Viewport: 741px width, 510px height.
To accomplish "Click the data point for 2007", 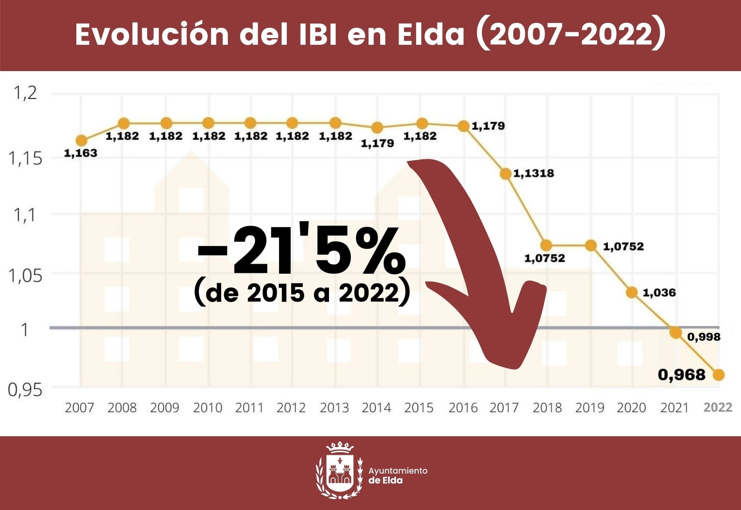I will pos(82,140).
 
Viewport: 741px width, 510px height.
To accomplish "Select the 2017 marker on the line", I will pos(506,173).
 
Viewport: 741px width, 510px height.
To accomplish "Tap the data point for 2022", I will pos(718,375).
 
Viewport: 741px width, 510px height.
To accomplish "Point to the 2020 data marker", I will pos(632,293).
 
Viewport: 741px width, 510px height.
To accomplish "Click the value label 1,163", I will pos(80,153).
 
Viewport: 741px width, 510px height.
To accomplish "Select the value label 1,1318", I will pos(534,173).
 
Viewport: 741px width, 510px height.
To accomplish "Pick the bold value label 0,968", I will pos(681,375).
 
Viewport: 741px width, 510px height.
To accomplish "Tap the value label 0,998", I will pos(704,337).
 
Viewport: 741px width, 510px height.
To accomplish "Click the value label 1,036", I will pos(659,293).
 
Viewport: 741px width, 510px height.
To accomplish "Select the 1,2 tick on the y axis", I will pos(25,93).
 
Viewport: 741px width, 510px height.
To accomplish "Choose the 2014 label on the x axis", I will pos(376,408).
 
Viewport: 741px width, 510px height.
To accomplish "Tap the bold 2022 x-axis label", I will pos(718,407).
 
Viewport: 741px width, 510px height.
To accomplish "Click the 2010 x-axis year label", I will pos(207,408).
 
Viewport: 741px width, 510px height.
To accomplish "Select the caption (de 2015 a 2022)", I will pos(302,293).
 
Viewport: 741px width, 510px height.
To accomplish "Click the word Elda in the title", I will pos(431,34).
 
